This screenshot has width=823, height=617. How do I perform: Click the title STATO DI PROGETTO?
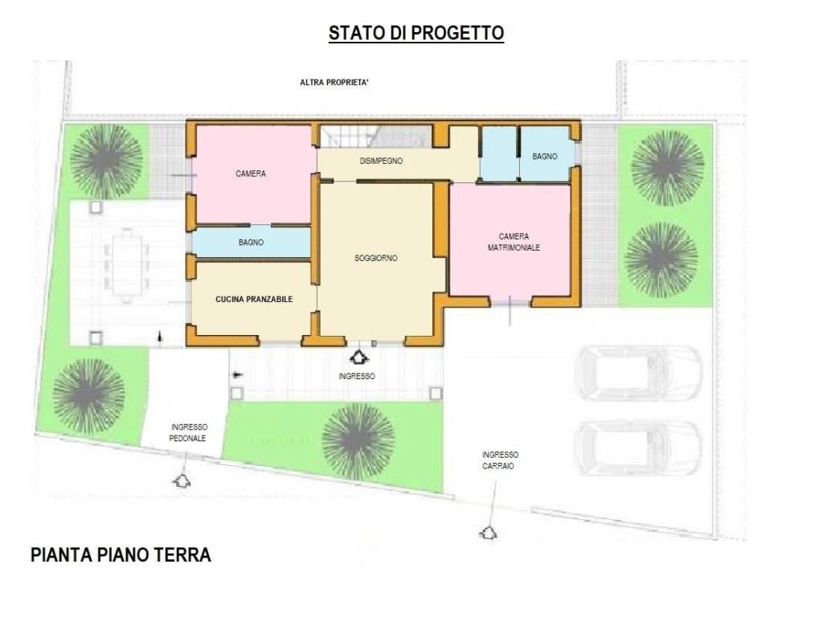(x=416, y=33)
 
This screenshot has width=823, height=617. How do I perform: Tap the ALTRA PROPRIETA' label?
(x=334, y=82)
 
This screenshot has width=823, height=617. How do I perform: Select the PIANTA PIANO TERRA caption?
(x=121, y=555)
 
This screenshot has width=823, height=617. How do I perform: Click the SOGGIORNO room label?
(x=376, y=259)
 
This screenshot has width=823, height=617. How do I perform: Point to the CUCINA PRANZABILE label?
(x=254, y=299)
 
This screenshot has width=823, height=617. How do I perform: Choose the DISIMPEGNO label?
(x=381, y=161)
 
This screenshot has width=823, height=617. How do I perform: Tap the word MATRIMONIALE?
(x=514, y=248)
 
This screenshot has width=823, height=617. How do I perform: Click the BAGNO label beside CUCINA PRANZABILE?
(x=251, y=242)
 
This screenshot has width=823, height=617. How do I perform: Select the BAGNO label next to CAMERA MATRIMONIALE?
(x=544, y=156)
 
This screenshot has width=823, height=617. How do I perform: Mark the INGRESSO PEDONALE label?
(x=188, y=433)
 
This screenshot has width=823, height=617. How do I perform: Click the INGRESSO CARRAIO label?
(x=499, y=460)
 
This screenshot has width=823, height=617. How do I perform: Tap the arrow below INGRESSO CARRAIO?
(x=487, y=532)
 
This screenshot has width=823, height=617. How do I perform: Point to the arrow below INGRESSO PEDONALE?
(x=182, y=480)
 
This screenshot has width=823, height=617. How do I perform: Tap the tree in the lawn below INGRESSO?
(x=358, y=441)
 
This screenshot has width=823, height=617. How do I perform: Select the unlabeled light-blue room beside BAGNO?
(x=498, y=153)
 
